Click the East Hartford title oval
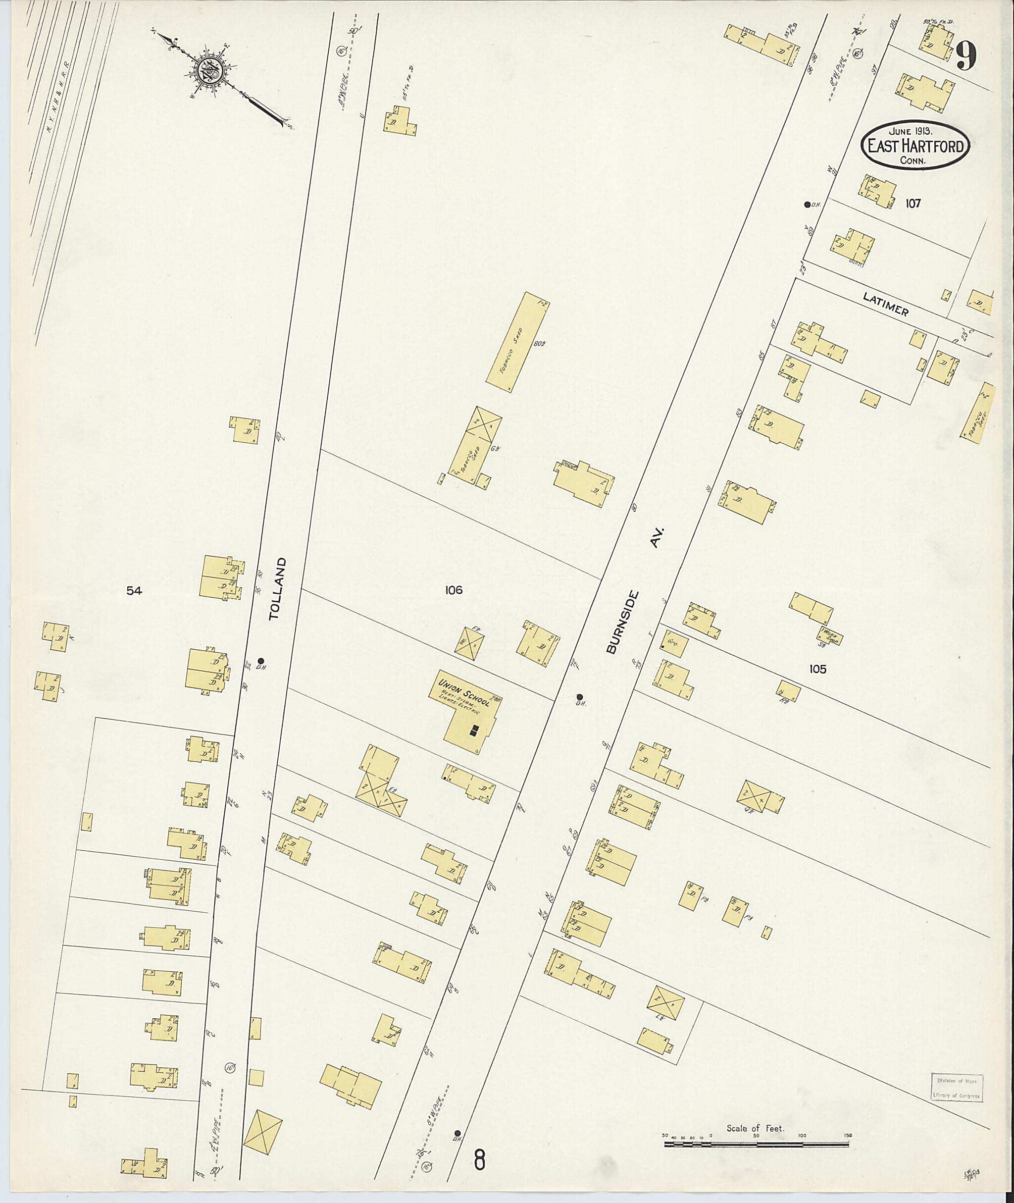tap(915, 146)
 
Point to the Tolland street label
tap(277, 588)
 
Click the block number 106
tap(453, 590)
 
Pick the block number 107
tap(913, 203)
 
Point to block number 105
tap(817, 669)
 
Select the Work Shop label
tap(830, 634)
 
